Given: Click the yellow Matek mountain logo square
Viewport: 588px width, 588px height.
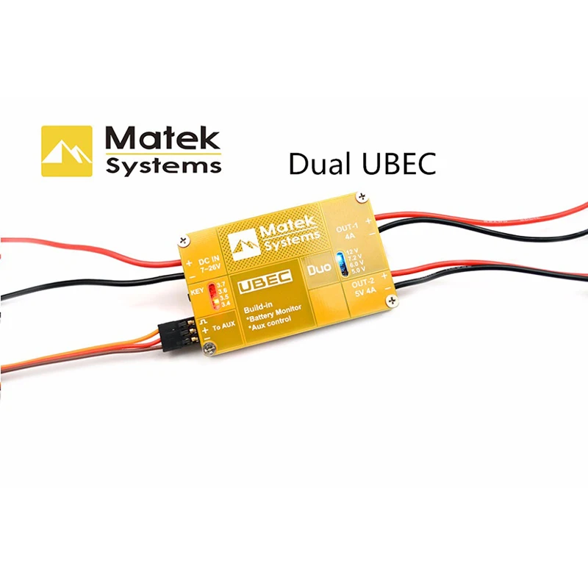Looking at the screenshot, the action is tap(67, 151).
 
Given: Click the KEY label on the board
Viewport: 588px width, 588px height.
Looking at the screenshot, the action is tap(197, 291).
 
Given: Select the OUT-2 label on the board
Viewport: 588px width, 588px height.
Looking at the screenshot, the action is tap(363, 284).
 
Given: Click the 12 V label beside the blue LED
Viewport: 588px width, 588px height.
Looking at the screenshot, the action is tap(355, 251).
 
